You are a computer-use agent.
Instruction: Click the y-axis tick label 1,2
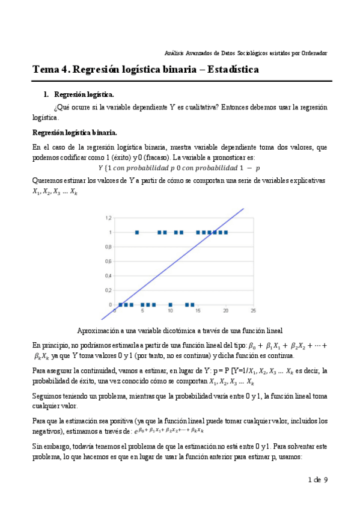tap(109, 217)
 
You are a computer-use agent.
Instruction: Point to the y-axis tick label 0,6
tap(109, 261)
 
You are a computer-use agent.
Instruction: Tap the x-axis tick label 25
tap(253, 311)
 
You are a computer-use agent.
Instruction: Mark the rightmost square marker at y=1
tap(225, 232)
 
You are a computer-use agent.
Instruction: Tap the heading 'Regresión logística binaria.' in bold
tap(75, 132)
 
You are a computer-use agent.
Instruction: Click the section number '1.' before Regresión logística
tap(46, 95)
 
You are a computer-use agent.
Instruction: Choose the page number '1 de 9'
tap(317, 480)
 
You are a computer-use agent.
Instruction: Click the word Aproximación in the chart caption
tap(98, 330)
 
